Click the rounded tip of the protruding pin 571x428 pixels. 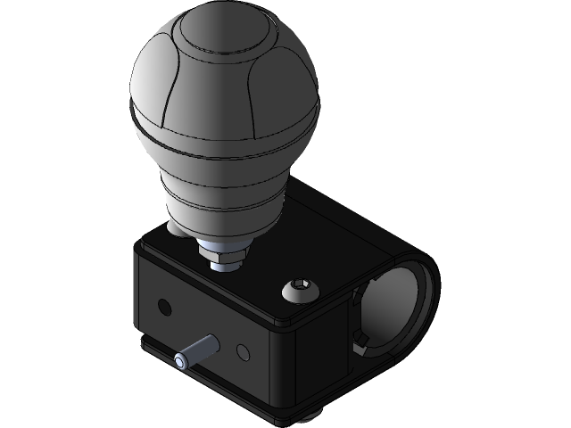182,360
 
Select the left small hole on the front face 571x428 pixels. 162,307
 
